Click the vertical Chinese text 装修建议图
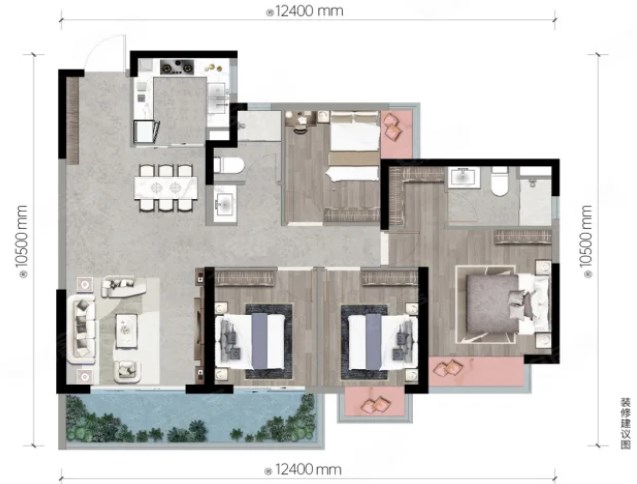pos(625,424)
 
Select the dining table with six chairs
pos(166,188)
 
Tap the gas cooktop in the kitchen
pos(177,67)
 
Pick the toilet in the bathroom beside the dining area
pos(229,165)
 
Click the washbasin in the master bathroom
pos(464,178)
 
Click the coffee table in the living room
pos(126,331)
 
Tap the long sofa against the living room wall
pos(82,329)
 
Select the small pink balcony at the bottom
pos(374,401)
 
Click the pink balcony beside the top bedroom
pos(396,134)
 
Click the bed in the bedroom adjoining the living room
pos(249,341)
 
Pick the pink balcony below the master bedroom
pos(476,371)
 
